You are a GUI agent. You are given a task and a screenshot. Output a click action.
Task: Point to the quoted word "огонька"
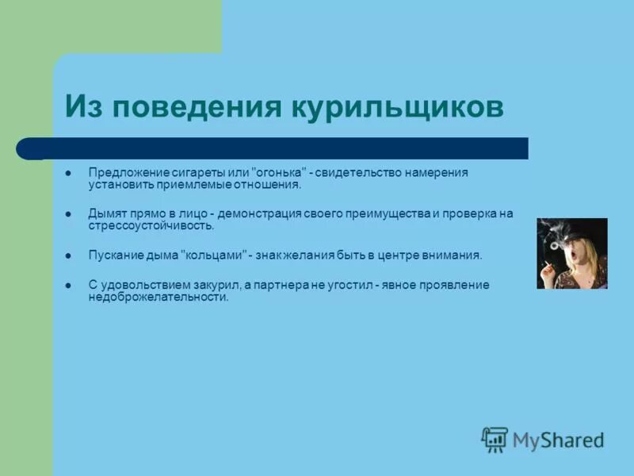click(x=278, y=173)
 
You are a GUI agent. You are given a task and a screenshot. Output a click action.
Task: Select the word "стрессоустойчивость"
click(x=151, y=225)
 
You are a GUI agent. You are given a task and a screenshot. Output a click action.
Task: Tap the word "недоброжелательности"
click(x=158, y=297)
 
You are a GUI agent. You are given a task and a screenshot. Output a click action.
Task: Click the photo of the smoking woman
click(x=571, y=253)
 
